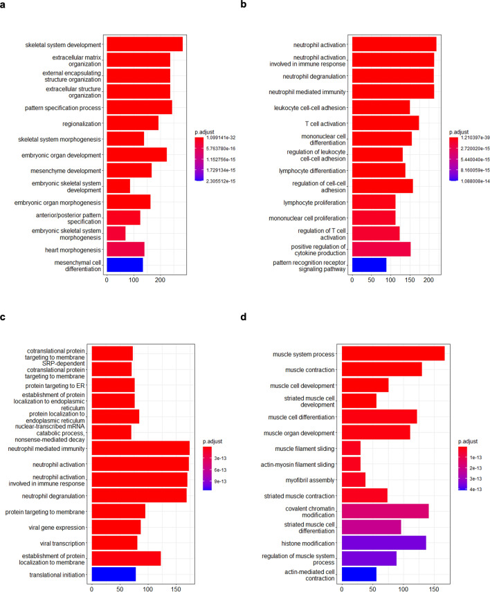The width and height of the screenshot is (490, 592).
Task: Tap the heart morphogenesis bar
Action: (x=125, y=250)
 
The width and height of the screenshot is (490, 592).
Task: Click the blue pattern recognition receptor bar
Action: (x=369, y=265)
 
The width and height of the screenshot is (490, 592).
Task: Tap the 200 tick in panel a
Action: (x=160, y=280)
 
